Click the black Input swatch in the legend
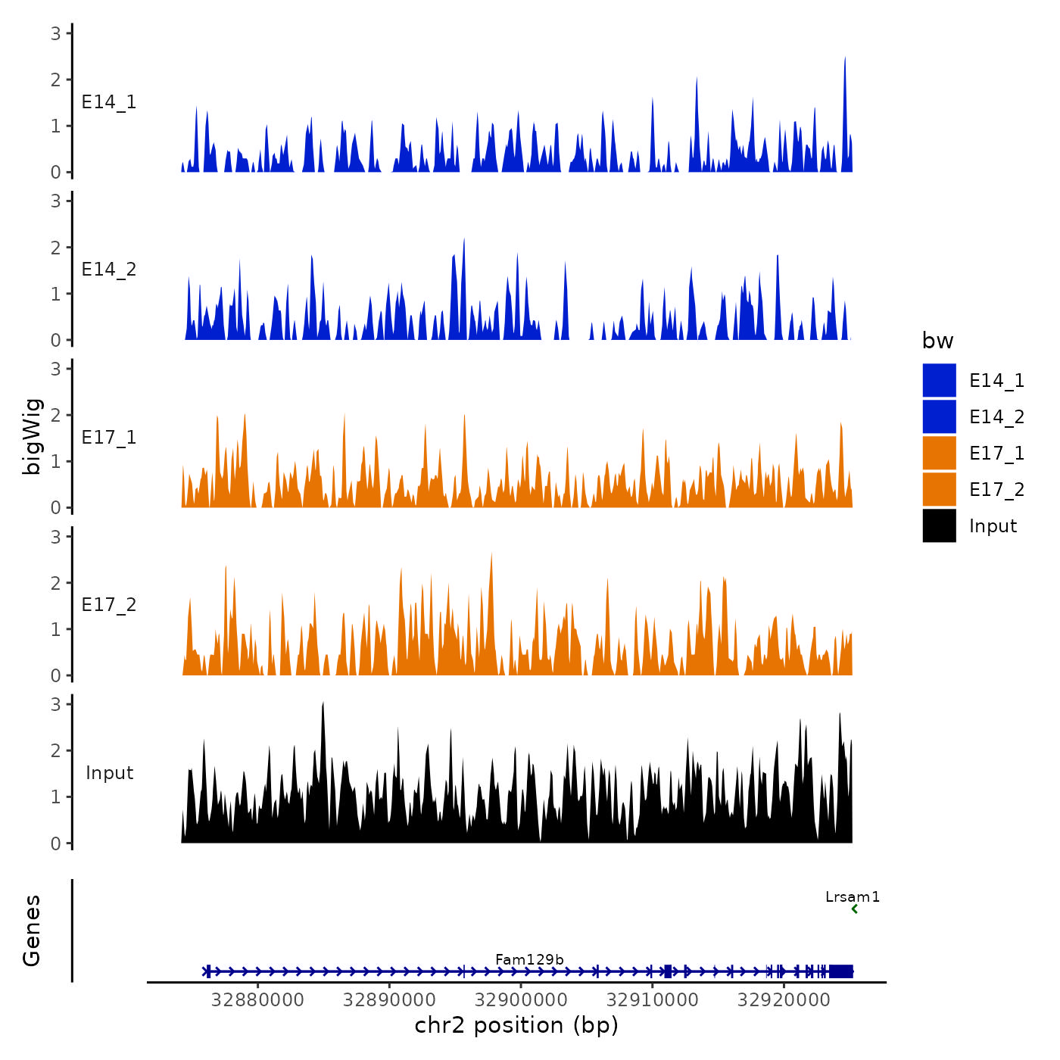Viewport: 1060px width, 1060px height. point(939,526)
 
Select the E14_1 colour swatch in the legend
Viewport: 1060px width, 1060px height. point(939,380)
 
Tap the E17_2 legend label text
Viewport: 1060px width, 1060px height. point(996,490)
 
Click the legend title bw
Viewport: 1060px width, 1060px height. point(937,341)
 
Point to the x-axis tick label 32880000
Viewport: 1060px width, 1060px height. point(257,1000)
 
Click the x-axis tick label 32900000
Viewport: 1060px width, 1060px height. point(521,1000)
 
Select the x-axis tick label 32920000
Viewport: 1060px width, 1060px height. point(784,1000)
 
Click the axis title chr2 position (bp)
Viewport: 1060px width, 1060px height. point(516,1025)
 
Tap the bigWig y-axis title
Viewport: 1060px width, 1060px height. point(32,437)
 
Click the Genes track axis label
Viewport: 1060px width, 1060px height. point(32,931)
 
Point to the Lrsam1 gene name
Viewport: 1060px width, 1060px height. point(853,897)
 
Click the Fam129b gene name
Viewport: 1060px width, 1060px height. point(529,959)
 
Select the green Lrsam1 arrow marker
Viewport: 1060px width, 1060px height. point(854,909)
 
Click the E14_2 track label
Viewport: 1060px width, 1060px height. point(109,270)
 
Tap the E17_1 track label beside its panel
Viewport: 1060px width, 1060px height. point(109,438)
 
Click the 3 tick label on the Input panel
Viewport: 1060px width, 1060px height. point(56,704)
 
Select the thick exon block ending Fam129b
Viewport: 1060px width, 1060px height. point(841,971)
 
